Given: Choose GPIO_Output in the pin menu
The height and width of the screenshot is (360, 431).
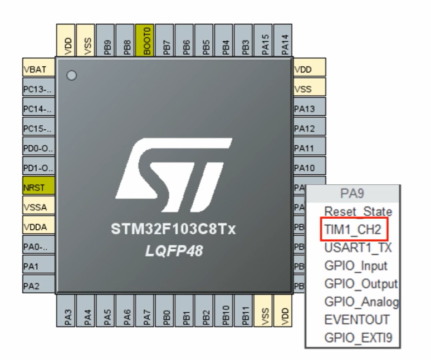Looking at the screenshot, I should coord(361,284).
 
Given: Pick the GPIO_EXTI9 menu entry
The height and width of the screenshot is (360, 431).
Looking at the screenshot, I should coord(359,338).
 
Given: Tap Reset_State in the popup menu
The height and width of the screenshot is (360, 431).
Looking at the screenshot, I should coord(358,211).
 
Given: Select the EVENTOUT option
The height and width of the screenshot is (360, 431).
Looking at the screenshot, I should coord(357,320).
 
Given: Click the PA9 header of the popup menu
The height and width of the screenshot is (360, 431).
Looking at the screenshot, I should coord(353,194).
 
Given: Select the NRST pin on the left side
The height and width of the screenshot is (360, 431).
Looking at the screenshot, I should coord(38,188).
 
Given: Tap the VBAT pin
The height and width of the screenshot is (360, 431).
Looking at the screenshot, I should coord(38,70).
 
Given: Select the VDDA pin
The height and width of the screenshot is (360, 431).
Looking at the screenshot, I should coord(38,227).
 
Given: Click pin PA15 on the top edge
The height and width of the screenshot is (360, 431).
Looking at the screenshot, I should coord(266,40).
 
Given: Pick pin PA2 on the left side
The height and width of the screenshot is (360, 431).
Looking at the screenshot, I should coord(38,286).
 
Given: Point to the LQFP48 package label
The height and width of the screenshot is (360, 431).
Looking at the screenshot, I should coord(172,251).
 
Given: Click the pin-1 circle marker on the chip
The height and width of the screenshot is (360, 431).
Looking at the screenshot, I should coord(71,76).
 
